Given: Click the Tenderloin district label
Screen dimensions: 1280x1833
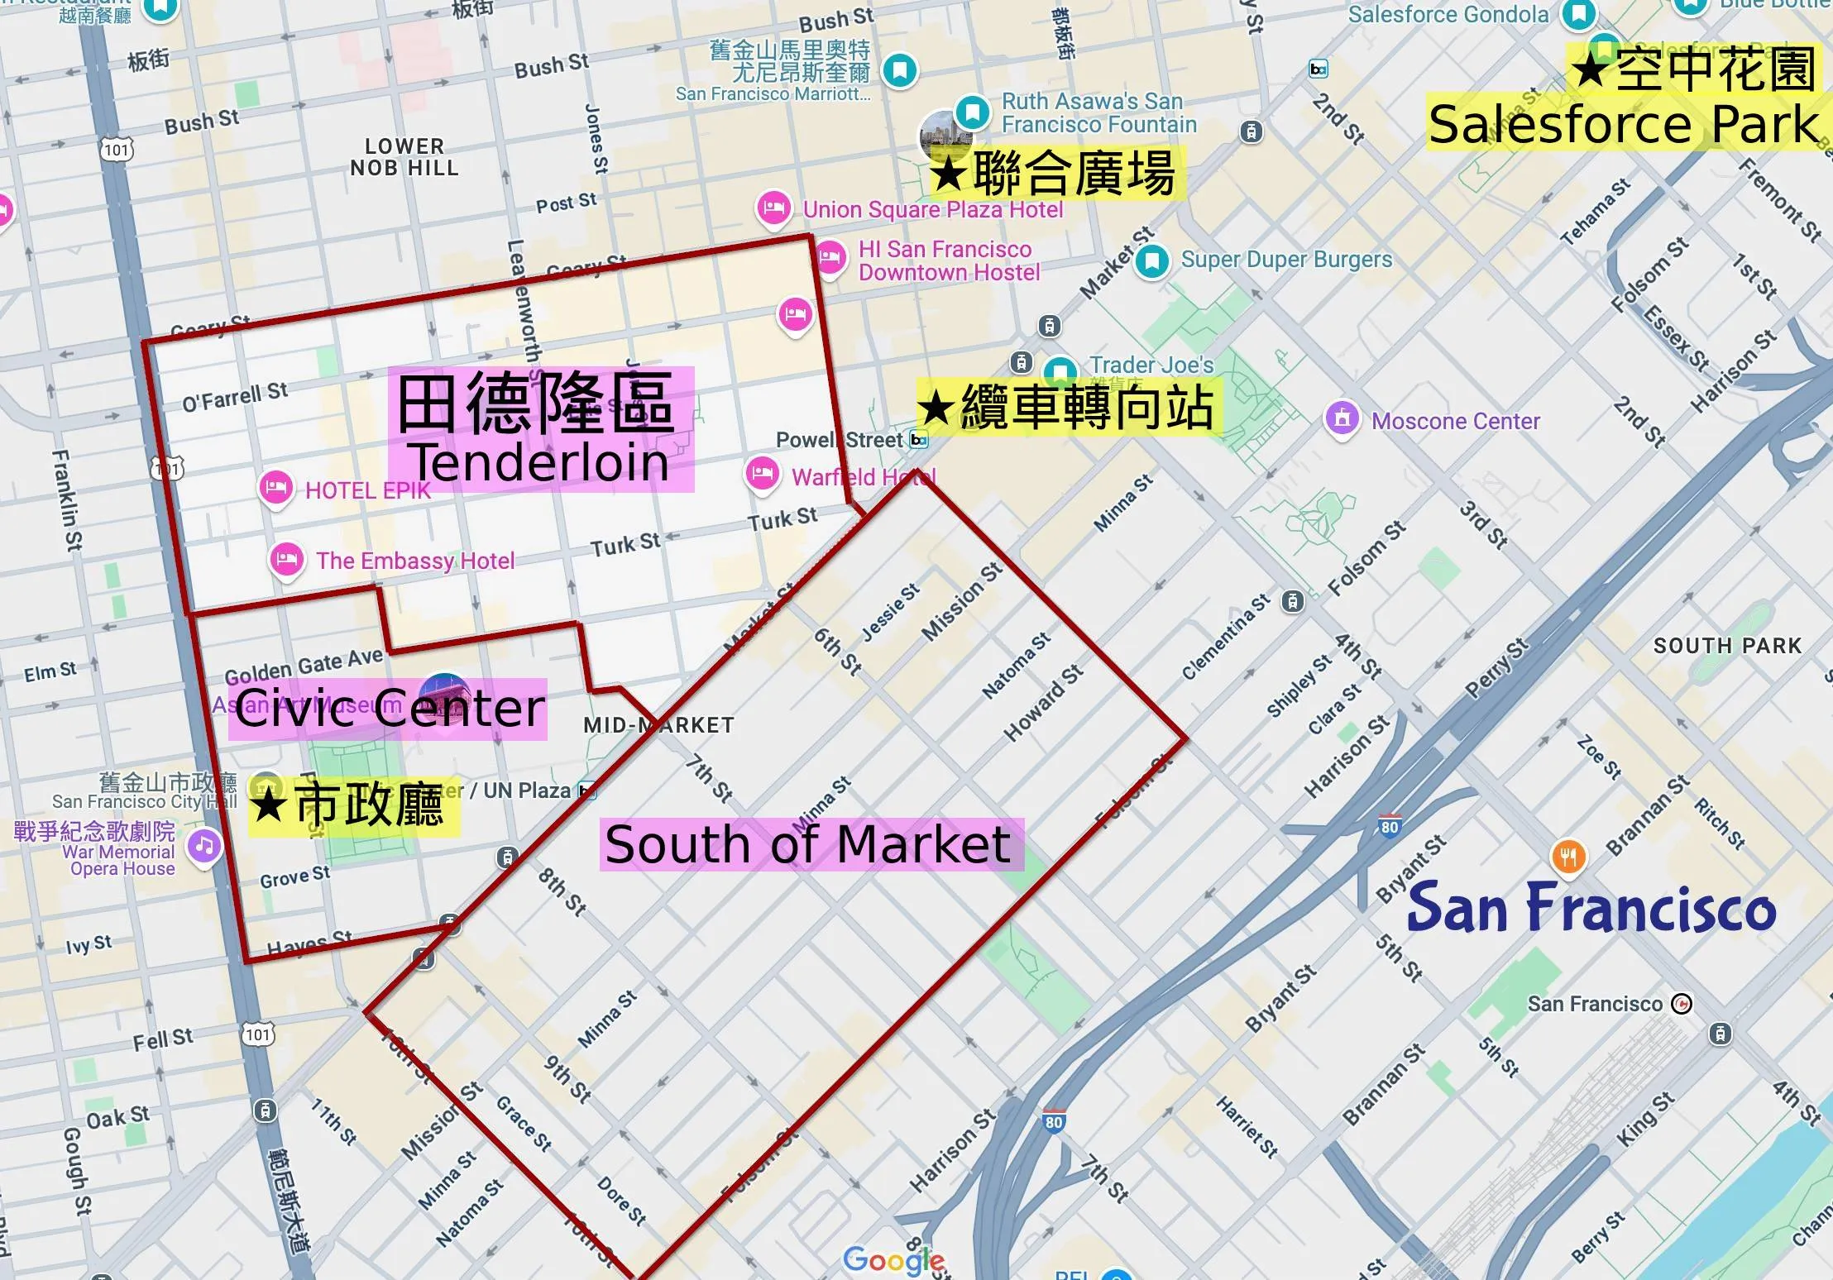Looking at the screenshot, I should click(541, 430).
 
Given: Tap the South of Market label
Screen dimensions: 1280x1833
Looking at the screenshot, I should click(810, 845).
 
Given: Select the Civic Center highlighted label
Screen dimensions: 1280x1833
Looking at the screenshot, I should click(389, 709).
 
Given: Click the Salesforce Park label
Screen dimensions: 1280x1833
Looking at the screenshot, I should click(1624, 124).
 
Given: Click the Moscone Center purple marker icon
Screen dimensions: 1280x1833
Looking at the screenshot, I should click(1342, 418).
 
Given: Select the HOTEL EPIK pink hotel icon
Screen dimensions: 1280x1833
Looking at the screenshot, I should click(276, 488).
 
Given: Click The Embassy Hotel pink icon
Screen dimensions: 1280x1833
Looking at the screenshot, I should click(286, 558).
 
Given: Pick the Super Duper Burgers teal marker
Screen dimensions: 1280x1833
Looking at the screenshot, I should click(1151, 260).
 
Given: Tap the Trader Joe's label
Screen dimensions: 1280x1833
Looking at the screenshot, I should click(1151, 365).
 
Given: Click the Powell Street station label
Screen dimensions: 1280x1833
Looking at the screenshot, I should click(840, 440).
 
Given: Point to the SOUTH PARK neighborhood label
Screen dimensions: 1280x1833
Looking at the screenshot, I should click(1727, 646).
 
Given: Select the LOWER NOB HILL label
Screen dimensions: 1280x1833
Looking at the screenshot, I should click(404, 157).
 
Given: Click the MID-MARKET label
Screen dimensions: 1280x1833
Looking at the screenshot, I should click(658, 725).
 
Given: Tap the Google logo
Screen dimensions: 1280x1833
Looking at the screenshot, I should click(893, 1259).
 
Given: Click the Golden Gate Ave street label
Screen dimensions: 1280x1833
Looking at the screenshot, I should click(304, 664).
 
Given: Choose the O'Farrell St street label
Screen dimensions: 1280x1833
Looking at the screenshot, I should click(235, 397).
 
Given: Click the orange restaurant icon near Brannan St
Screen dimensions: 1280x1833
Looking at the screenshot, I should click(1568, 856).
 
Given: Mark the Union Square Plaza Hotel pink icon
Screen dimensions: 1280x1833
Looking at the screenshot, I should click(773, 207).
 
